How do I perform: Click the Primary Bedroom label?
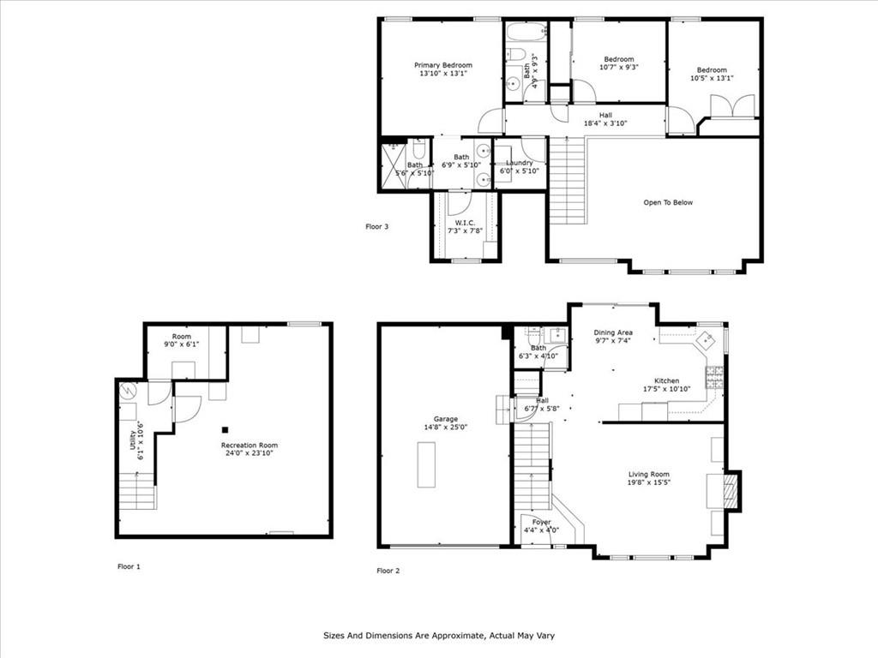coord(443,65)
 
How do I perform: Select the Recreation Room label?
coord(250,446)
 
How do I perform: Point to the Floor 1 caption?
coord(129,566)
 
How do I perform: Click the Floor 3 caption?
coord(377,226)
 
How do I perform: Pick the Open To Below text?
coord(668,202)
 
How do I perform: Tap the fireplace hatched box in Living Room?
coord(731,491)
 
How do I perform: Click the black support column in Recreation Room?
coord(226,430)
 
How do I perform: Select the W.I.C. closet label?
coord(465,223)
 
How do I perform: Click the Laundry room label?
coord(520,163)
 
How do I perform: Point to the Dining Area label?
coord(613,332)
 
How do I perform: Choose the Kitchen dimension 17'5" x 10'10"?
coord(667,389)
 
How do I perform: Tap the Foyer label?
coord(542,522)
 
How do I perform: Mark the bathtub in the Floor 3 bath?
coord(526,32)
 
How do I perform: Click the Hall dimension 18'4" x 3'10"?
coord(605,123)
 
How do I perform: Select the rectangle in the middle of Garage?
coord(426,465)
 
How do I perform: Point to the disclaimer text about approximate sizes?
coord(439,636)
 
